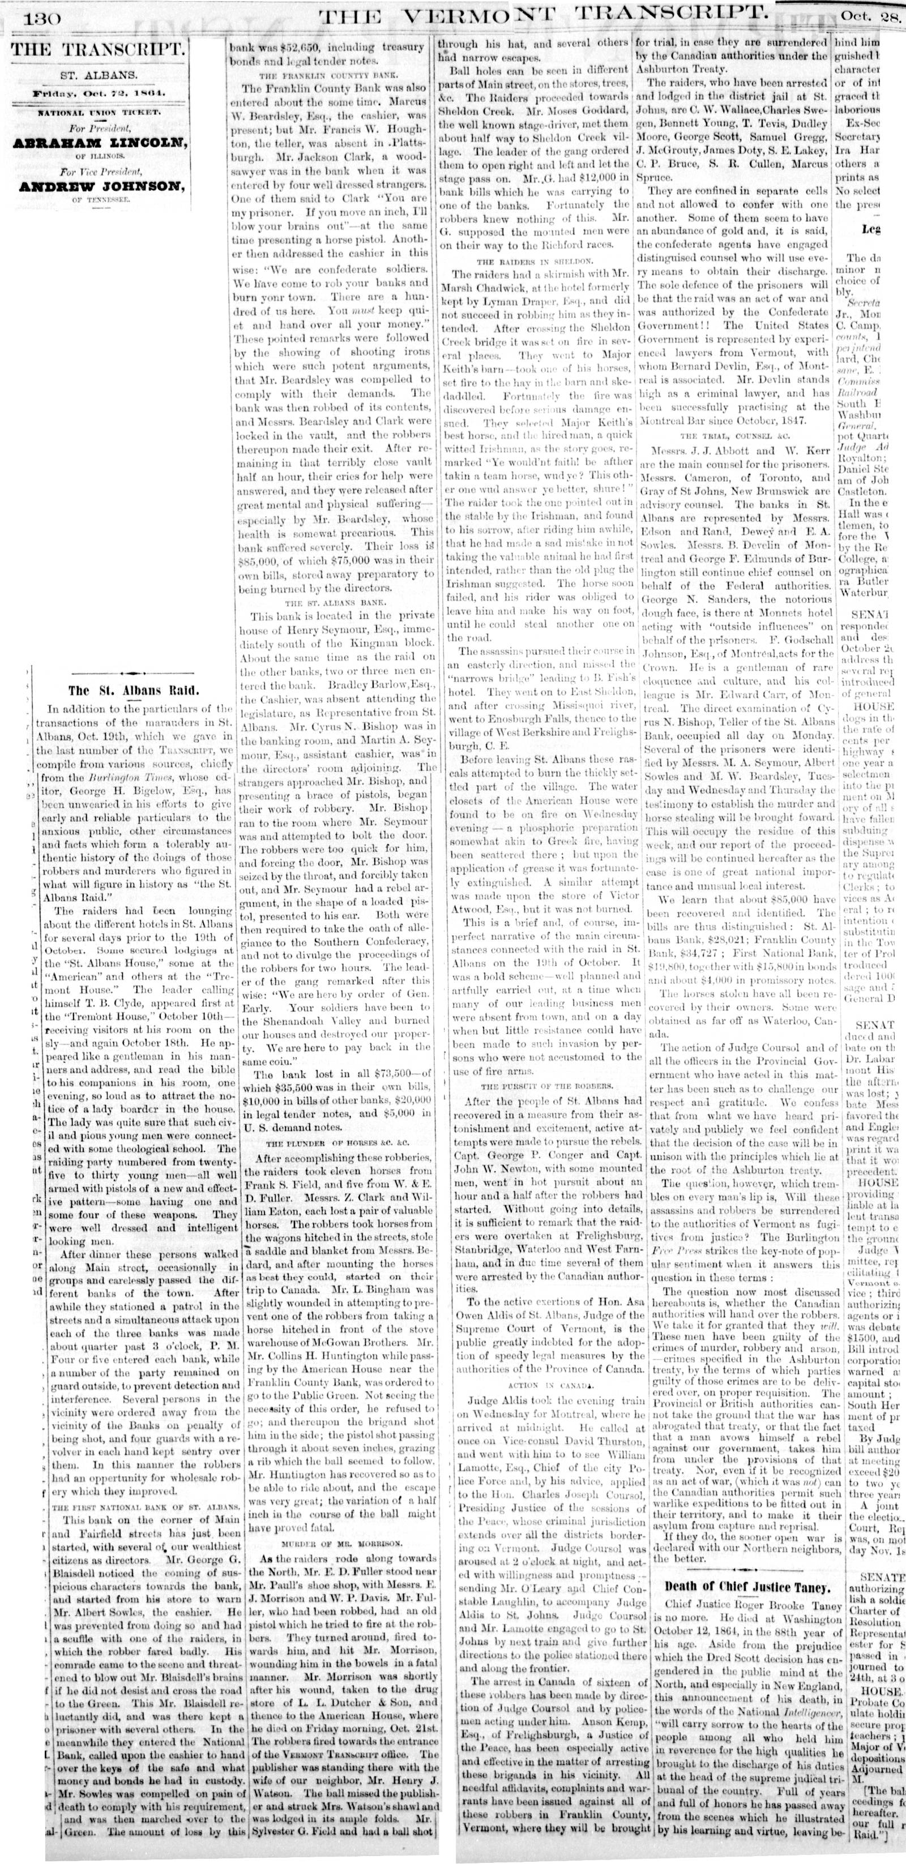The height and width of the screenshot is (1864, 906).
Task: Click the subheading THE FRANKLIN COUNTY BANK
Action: click(333, 75)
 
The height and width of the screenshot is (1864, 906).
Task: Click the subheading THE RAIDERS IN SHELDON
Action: click(533, 260)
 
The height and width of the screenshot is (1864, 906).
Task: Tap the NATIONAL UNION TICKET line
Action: click(100, 112)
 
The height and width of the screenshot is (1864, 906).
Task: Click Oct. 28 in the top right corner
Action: click(870, 16)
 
